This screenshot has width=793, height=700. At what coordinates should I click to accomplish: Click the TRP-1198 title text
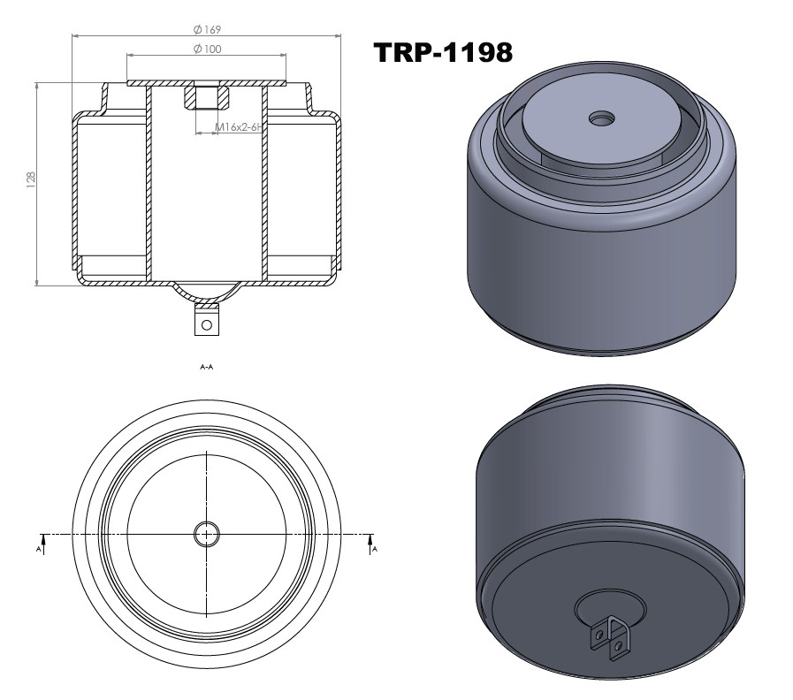444,52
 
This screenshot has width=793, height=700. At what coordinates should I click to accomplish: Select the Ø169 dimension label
207,29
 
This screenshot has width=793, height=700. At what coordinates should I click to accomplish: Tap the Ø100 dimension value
207,48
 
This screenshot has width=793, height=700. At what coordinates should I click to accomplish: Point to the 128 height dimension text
32,182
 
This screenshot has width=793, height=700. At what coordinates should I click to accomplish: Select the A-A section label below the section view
206,366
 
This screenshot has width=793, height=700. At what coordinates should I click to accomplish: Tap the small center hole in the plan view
207,534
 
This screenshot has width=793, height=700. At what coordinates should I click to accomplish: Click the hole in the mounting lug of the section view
207,324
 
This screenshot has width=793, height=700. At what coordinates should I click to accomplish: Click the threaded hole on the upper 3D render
604,117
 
